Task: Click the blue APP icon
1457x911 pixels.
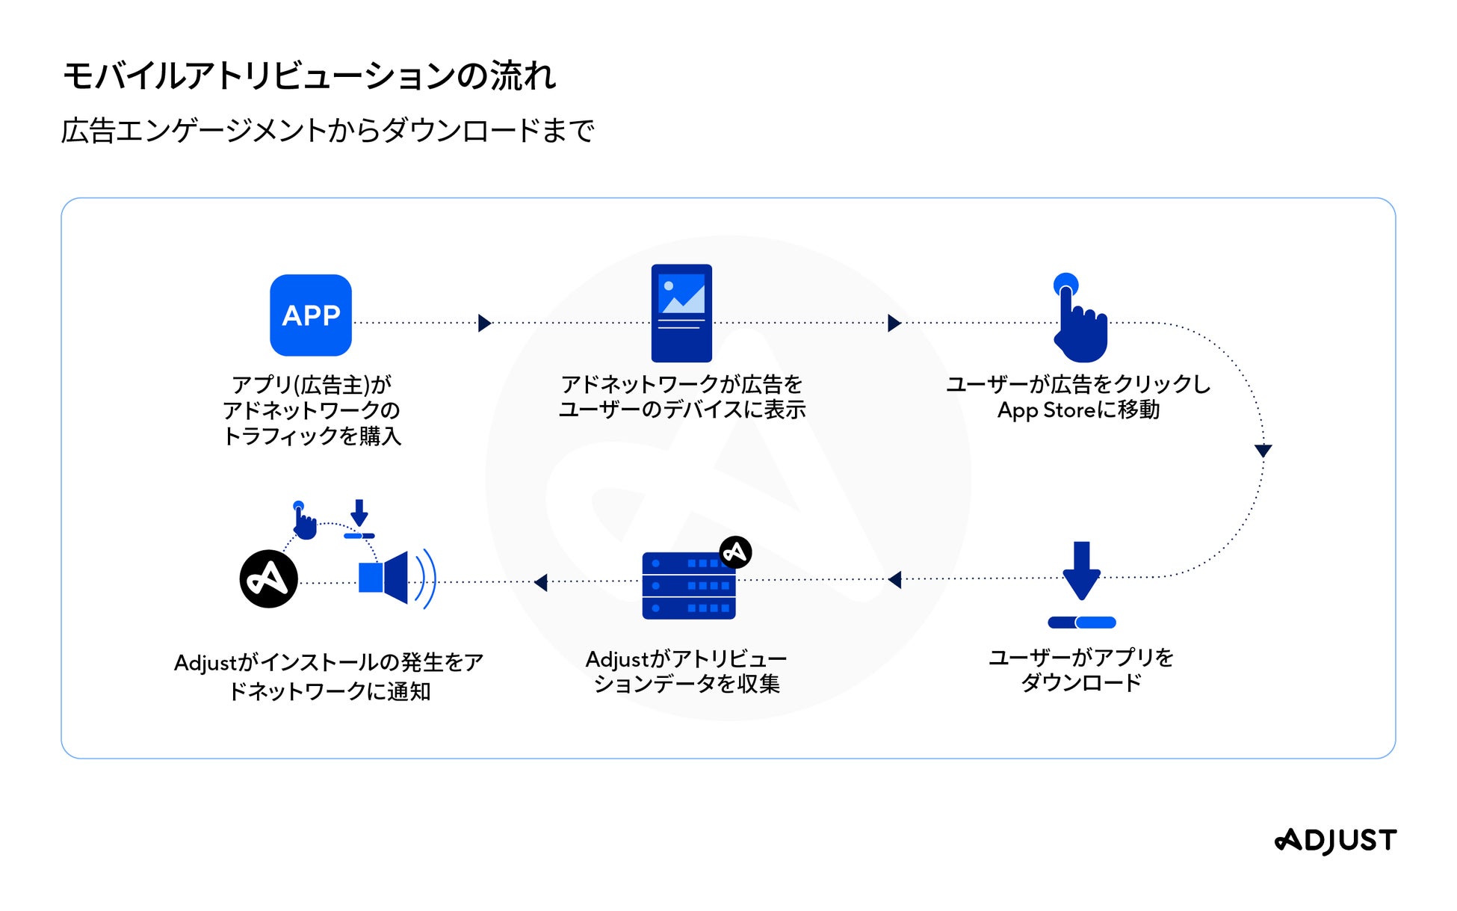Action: pyautogui.click(x=310, y=315)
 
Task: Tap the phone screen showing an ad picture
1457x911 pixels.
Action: pyautogui.click(x=681, y=313)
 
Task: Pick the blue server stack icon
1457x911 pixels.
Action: pyautogui.click(x=688, y=586)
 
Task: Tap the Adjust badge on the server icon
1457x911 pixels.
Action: pyautogui.click(x=735, y=552)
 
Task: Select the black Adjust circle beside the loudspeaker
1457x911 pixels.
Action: pyautogui.click(x=268, y=579)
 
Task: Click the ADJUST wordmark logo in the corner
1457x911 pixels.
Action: pyautogui.click(x=1335, y=841)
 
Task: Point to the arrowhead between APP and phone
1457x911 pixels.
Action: pyautogui.click(x=484, y=323)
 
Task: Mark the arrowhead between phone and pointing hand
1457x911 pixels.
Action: pyautogui.click(x=894, y=323)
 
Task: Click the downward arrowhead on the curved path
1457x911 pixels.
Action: pyautogui.click(x=1263, y=451)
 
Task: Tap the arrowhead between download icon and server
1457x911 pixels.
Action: pyautogui.click(x=894, y=579)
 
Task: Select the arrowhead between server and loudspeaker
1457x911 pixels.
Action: pyautogui.click(x=541, y=581)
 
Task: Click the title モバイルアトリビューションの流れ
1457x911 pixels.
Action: pyautogui.click(x=309, y=76)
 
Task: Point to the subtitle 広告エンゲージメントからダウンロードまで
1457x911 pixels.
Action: pyautogui.click(x=327, y=131)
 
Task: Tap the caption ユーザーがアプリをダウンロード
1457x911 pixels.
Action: pyautogui.click(x=1081, y=670)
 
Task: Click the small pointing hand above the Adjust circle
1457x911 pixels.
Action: pyautogui.click(x=303, y=521)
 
